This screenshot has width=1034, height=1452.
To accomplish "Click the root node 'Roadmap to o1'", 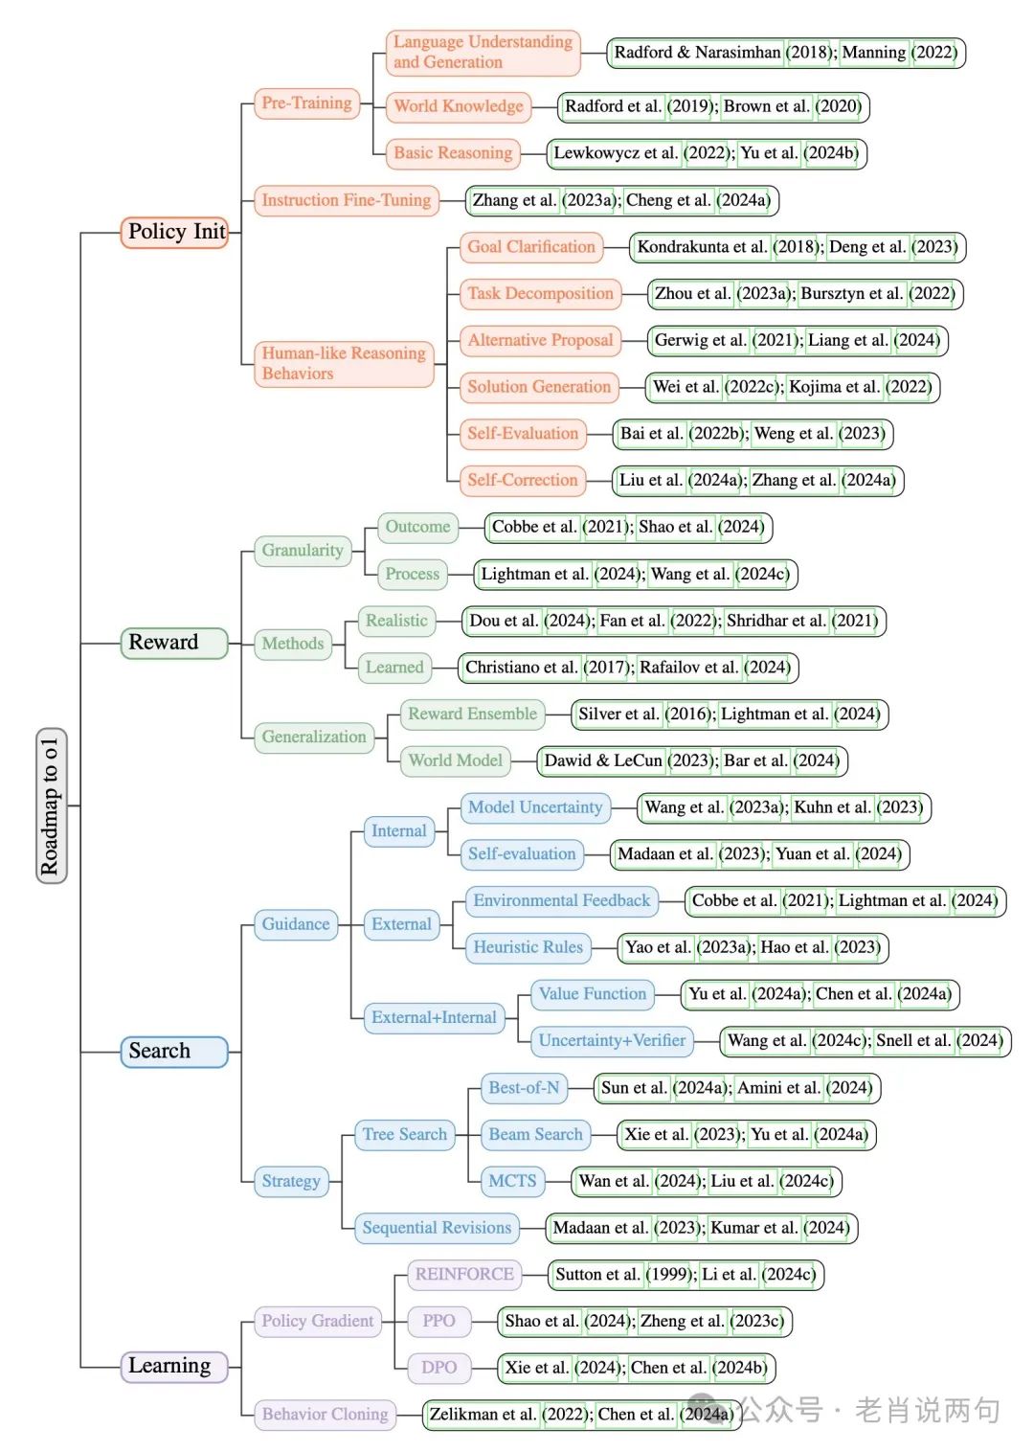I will point(51,806).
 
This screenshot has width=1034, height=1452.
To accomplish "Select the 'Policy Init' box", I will point(175,232).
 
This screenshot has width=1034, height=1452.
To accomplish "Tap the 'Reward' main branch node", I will point(173,643).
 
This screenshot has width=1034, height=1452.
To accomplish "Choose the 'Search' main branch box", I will point(173,1052).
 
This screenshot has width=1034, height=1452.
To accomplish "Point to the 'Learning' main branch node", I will point(173,1366).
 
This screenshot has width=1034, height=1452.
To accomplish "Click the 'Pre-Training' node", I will point(306,103).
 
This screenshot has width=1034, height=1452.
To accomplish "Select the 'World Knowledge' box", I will point(459,106).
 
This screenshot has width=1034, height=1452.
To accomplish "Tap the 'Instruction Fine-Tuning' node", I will point(346,200).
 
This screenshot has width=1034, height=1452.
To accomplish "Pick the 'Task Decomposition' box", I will point(540,294).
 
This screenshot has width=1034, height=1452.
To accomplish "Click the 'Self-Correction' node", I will point(523,480).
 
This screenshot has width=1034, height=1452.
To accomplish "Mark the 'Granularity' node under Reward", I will point(303,551).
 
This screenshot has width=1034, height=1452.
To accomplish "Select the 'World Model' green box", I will point(455,760).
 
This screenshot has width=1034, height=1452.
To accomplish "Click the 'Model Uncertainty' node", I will point(535,807).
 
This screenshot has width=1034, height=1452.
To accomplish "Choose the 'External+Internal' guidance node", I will point(434,1017).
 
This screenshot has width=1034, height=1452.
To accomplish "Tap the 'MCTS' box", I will point(512,1181).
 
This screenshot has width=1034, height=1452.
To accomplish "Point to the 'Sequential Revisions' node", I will point(437,1228).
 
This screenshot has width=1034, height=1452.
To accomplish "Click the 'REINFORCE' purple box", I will point(464,1275).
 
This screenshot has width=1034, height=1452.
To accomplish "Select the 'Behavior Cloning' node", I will point(326,1415).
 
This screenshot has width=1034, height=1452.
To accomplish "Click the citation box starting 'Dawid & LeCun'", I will point(692,760).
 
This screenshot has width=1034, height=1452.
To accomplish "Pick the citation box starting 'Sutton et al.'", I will point(686,1275).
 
